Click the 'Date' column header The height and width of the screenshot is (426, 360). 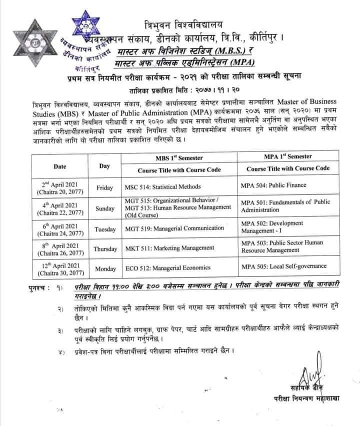(62, 165)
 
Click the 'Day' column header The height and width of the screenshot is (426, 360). (104, 165)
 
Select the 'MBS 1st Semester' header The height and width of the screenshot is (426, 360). (178, 158)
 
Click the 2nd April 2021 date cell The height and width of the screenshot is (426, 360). (62, 188)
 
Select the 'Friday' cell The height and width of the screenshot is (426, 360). (105, 188)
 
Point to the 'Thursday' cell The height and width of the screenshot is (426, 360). (105, 248)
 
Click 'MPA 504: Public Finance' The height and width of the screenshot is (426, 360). (273, 184)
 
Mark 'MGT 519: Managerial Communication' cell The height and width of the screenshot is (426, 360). (170, 229)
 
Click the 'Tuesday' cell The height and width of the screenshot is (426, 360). (105, 229)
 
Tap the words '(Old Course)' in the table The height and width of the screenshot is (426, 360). (141, 215)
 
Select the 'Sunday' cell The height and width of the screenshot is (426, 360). (105, 208)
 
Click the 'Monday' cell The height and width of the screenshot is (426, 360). (105, 268)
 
